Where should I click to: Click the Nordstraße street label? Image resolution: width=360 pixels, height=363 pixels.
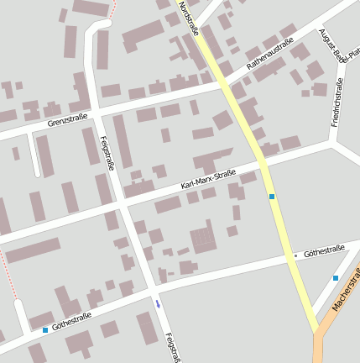pyautogui.click(x=188, y=18)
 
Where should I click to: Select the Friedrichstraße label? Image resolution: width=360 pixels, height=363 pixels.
pyautogui.click(x=337, y=103)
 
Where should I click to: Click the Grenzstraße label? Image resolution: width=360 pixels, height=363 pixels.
pyautogui.click(x=68, y=121)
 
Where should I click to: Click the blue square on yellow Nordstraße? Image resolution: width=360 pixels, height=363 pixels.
pyautogui.click(x=272, y=196)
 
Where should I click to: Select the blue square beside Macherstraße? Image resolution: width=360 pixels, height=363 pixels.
pyautogui.click(x=336, y=277)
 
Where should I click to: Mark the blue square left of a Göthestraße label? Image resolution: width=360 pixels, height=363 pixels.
pyautogui.click(x=45, y=330)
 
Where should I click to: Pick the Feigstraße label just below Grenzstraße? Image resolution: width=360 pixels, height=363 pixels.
pyautogui.click(x=106, y=154)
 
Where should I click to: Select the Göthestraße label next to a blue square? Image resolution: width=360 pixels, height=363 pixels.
pyautogui.click(x=71, y=320)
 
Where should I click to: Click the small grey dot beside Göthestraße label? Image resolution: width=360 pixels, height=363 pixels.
pyautogui.click(x=296, y=255)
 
